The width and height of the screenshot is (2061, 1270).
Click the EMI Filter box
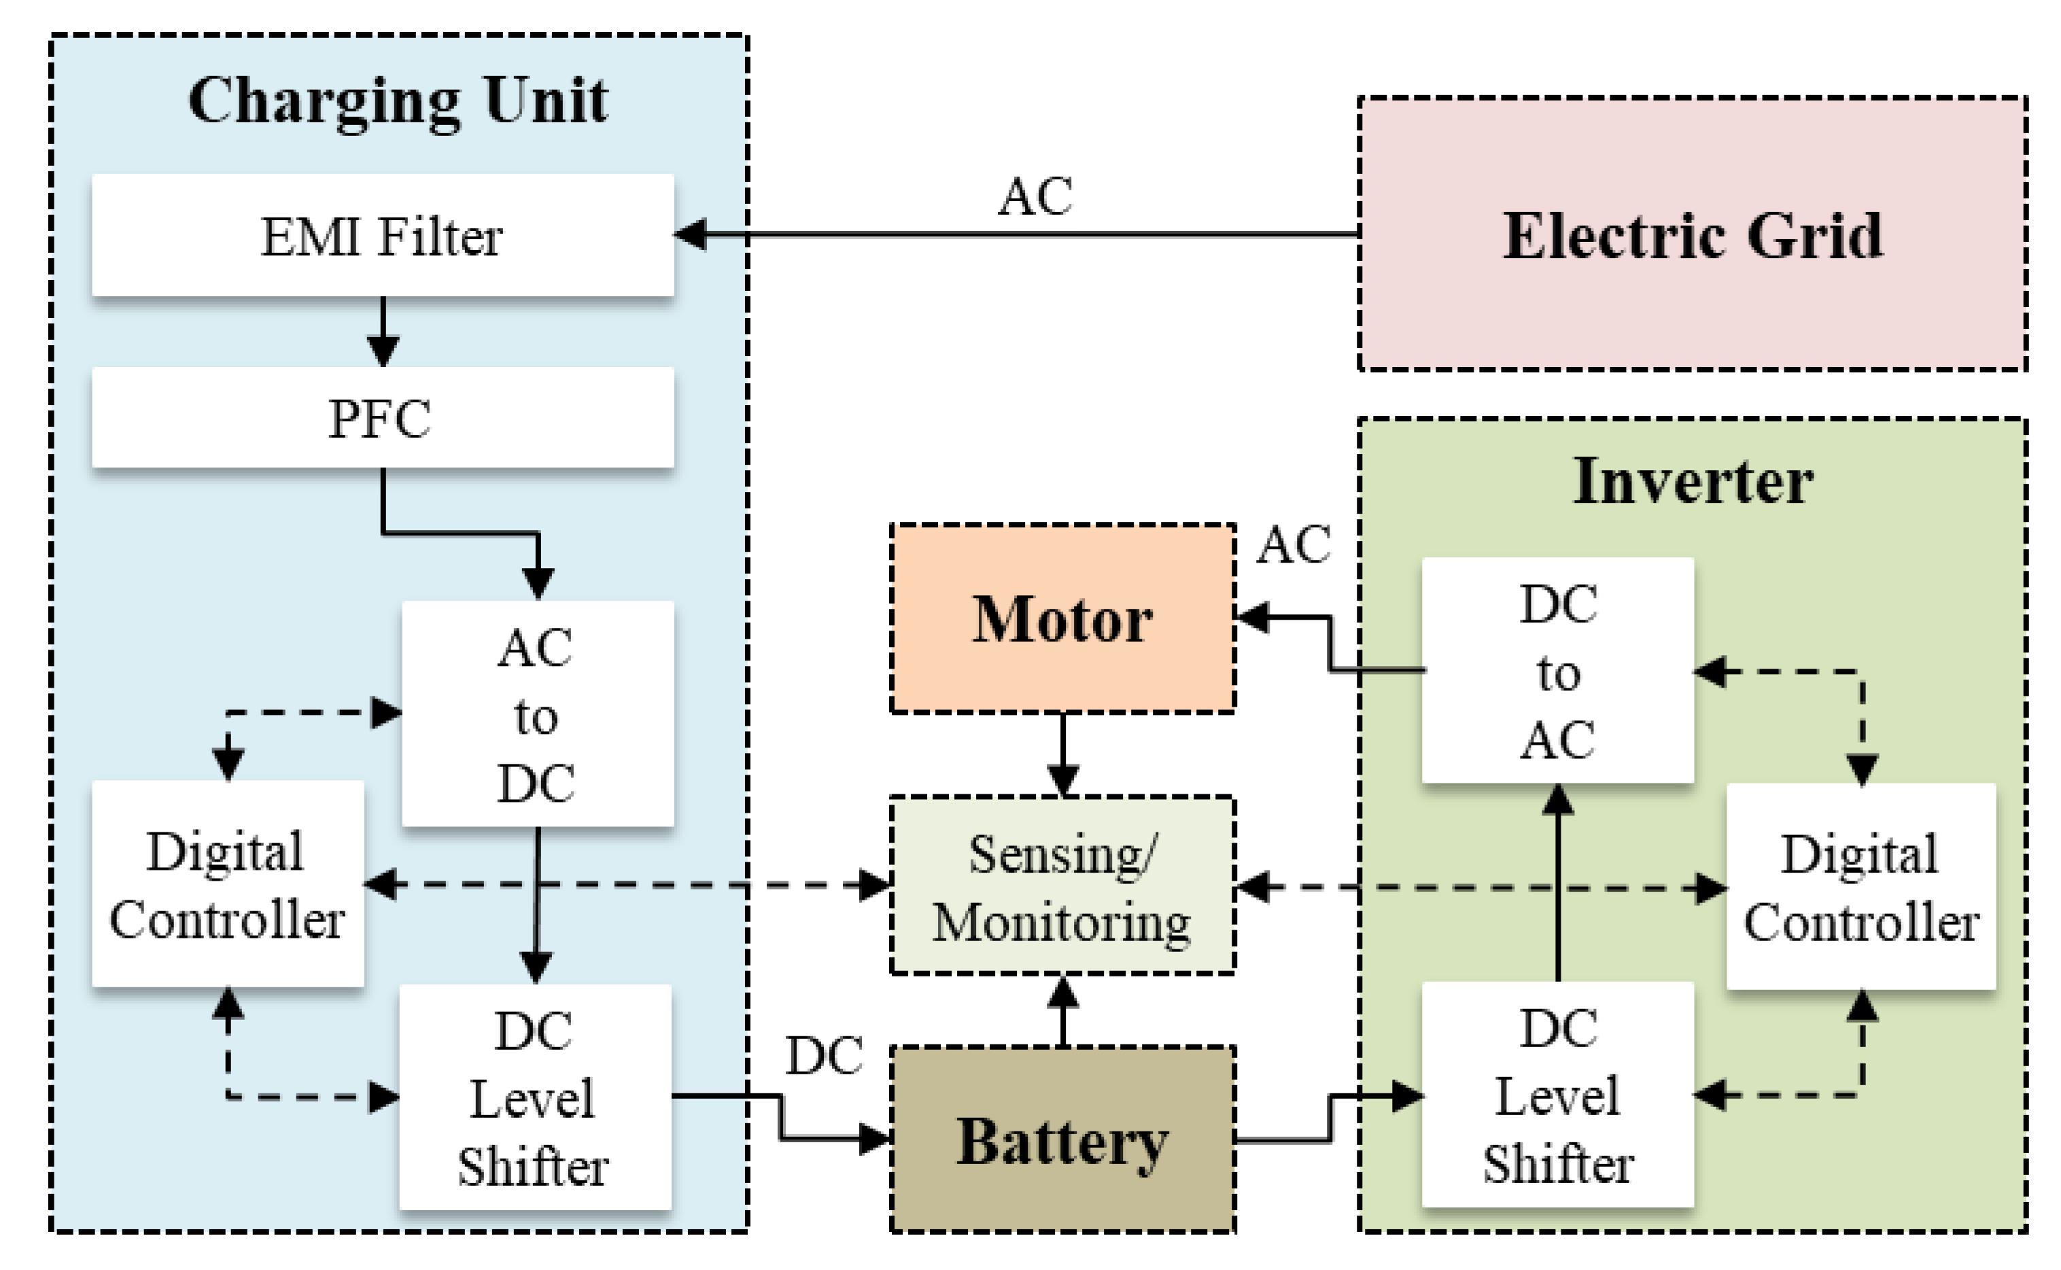(x=382, y=235)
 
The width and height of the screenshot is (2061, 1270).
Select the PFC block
(x=382, y=417)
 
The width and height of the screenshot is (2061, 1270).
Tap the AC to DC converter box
(x=537, y=714)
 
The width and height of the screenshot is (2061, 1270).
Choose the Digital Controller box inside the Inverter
(x=1860, y=887)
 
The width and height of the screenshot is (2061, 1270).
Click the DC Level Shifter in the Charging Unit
(x=534, y=1097)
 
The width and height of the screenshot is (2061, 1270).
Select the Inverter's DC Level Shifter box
(x=1557, y=1095)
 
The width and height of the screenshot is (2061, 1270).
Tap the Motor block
(x=1062, y=619)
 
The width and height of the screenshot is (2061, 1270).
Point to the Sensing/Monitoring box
(x=1062, y=886)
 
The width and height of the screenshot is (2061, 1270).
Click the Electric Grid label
(x=1691, y=235)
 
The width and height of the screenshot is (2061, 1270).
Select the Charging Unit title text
(x=398, y=101)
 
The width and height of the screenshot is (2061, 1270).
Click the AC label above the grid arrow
(x=1035, y=196)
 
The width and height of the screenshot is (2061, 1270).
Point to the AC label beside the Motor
(x=1292, y=544)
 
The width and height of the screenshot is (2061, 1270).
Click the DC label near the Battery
(x=823, y=1056)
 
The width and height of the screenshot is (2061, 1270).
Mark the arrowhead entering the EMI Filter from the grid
(x=691, y=234)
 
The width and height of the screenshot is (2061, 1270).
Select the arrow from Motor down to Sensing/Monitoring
(x=1063, y=754)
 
